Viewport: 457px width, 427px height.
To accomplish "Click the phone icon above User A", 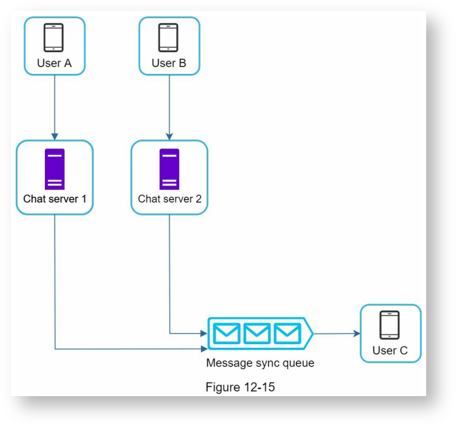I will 54,37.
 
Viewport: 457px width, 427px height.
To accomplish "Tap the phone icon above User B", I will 168,37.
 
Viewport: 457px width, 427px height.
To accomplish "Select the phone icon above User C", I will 390,325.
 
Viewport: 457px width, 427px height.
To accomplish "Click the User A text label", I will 54,63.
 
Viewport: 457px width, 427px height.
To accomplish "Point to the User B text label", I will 169,63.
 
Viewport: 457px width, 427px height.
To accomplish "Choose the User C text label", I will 390,350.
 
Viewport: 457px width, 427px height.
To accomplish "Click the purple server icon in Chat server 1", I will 55,168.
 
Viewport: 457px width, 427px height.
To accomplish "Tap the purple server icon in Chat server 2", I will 169,168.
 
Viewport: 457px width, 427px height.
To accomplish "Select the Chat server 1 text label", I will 55,199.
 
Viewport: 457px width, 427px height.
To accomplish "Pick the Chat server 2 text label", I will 169,199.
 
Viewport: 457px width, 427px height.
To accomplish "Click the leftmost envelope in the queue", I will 227,333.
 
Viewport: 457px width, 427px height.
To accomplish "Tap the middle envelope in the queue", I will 257,333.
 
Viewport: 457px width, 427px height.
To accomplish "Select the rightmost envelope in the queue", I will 287,333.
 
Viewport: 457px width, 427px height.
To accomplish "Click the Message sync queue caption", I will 260,363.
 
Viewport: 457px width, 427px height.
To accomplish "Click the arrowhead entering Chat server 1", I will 55,136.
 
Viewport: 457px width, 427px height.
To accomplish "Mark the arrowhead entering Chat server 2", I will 169,136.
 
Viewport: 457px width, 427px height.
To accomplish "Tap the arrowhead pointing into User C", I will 356,333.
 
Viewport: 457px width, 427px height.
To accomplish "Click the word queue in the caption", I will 298,363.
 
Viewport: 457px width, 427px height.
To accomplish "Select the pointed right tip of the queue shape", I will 312,333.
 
